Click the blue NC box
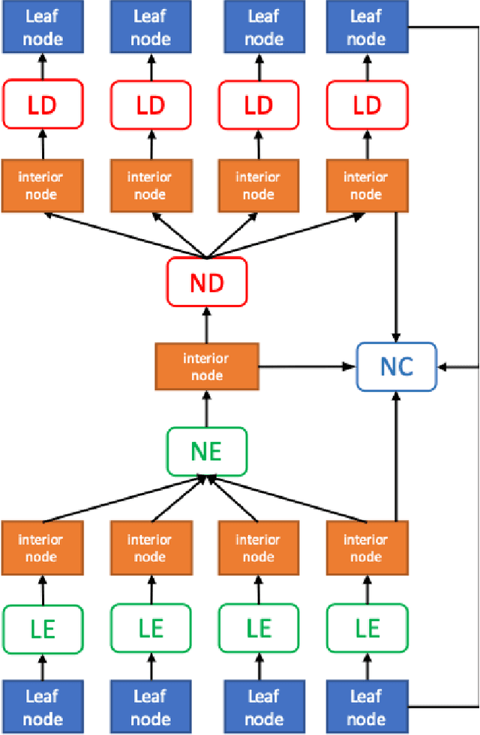396,366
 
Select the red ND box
206,283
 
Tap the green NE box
206,451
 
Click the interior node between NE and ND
206,366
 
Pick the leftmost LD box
41,106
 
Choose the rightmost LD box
367,106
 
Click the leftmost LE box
41,627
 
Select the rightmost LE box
367,627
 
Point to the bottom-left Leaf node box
41,707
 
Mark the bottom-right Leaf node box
367,707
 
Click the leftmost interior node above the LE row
41,548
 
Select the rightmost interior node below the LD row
367,185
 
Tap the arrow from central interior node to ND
206,324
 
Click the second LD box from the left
150,106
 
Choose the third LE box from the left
259,627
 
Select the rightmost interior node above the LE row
367,548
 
